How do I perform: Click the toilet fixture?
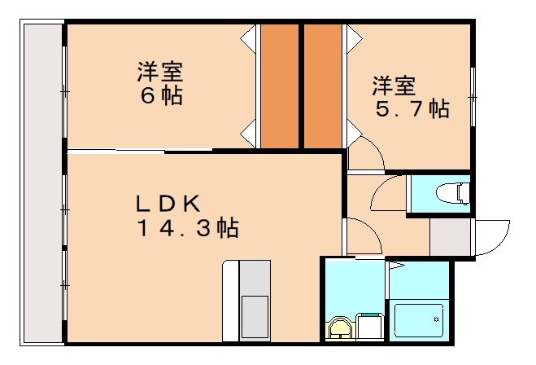pos(451,193)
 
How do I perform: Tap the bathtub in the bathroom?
pos(418,321)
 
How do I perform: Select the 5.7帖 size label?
pos(412,109)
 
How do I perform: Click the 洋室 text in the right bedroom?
pos(394,84)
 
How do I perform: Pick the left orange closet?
pos(279,86)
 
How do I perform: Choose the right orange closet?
pos(323,86)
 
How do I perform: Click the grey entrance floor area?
pos(450,237)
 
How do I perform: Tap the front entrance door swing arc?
pos(492,236)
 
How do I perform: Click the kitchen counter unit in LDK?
pos(246,300)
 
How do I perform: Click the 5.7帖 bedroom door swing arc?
pos(364,155)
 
